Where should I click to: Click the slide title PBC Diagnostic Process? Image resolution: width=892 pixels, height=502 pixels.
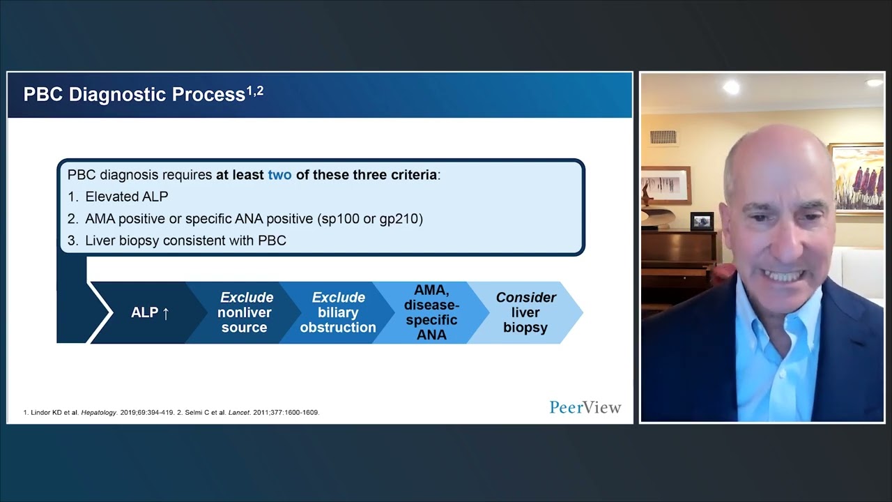[134, 95]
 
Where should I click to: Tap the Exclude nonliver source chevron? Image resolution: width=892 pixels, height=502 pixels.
[244, 312]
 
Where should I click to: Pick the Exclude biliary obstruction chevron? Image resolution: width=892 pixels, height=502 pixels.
[338, 312]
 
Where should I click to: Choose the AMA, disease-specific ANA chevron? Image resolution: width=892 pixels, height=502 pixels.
[431, 312]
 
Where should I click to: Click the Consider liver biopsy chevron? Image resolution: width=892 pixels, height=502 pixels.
[525, 312]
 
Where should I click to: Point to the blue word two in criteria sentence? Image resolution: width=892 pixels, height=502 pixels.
[279, 175]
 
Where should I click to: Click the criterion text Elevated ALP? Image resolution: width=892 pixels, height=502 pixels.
[126, 197]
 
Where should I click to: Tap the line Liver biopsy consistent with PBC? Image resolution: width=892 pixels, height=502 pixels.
[185, 240]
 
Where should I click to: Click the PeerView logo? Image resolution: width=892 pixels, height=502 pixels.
[585, 407]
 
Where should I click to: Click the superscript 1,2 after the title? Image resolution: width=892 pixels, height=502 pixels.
[255, 91]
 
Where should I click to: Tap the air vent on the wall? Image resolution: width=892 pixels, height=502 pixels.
[663, 137]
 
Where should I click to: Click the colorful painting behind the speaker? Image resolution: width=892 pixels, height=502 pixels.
[856, 178]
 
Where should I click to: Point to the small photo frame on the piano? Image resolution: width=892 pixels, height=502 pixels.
[702, 221]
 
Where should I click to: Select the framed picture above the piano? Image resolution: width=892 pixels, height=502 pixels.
[666, 185]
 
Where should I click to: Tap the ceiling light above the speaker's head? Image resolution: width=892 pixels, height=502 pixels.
[731, 87]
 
